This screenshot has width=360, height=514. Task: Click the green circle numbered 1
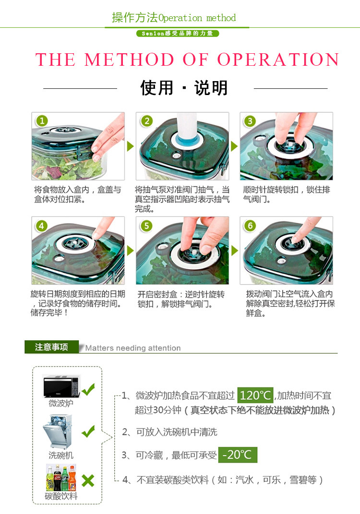click(x=42, y=121)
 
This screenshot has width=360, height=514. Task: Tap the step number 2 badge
click(x=146, y=121)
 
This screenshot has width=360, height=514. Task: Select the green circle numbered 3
click(x=250, y=121)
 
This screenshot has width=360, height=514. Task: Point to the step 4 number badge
click(x=41, y=226)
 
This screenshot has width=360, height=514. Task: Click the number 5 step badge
click(x=146, y=226)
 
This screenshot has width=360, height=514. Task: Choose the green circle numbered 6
click(x=250, y=226)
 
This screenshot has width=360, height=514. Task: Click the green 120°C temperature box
click(x=255, y=395)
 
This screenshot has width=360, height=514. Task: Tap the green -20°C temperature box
click(x=238, y=454)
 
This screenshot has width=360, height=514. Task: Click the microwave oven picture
click(x=61, y=386)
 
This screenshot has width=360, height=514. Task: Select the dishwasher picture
click(x=58, y=432)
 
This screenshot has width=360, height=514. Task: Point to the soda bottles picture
click(x=61, y=478)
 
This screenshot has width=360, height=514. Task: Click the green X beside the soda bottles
click(x=88, y=481)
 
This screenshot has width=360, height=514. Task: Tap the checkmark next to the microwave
click(x=88, y=389)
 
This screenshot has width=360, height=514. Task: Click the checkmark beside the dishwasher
click(x=88, y=431)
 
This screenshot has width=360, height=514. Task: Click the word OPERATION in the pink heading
click(x=278, y=60)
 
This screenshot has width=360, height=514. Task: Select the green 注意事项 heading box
click(x=51, y=347)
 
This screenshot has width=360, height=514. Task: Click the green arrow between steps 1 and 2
click(x=130, y=146)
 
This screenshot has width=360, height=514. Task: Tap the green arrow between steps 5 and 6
click(x=234, y=251)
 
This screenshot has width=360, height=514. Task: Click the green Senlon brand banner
click(x=178, y=34)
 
